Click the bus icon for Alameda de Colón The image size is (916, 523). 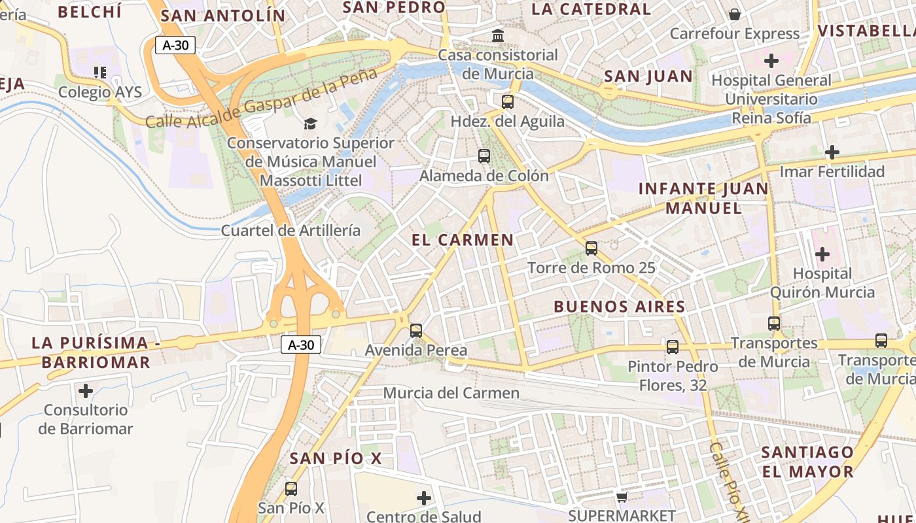point(484,156)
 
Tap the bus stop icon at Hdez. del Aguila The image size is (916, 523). point(508,101)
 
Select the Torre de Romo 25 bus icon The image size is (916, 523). point(591,248)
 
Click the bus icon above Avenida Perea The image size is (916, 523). point(416,330)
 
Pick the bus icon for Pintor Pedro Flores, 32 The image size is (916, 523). point(673,346)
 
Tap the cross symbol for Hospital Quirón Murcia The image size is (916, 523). point(822,254)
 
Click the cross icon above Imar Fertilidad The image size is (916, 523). point(832,152)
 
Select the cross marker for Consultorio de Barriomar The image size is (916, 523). point(86,391)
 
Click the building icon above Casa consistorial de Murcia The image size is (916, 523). point(498,35)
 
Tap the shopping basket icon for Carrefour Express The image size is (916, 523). point(735,14)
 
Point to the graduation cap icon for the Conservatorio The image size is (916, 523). point(310,124)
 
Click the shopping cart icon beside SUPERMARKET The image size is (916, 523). point(622,497)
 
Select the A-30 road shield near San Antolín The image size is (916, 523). point(175,45)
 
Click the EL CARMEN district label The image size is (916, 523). point(463,240)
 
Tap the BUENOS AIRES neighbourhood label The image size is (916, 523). point(619,307)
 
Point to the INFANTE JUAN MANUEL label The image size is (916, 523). point(703,198)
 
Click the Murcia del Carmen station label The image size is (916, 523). point(451,393)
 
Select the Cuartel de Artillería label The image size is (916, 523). point(291,230)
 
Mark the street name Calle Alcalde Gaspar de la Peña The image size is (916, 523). point(262,98)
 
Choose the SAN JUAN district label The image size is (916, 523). point(648,76)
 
